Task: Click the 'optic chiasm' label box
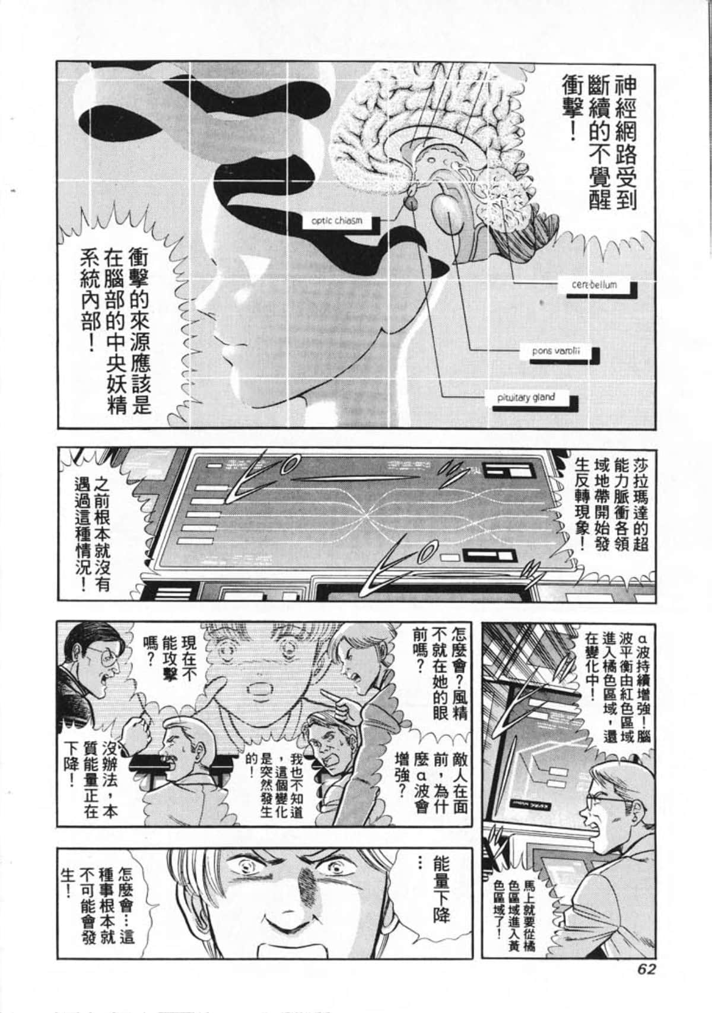click(336, 221)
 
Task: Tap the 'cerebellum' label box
click(594, 285)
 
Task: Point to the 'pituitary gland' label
click(526, 398)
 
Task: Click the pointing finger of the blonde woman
click(328, 696)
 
